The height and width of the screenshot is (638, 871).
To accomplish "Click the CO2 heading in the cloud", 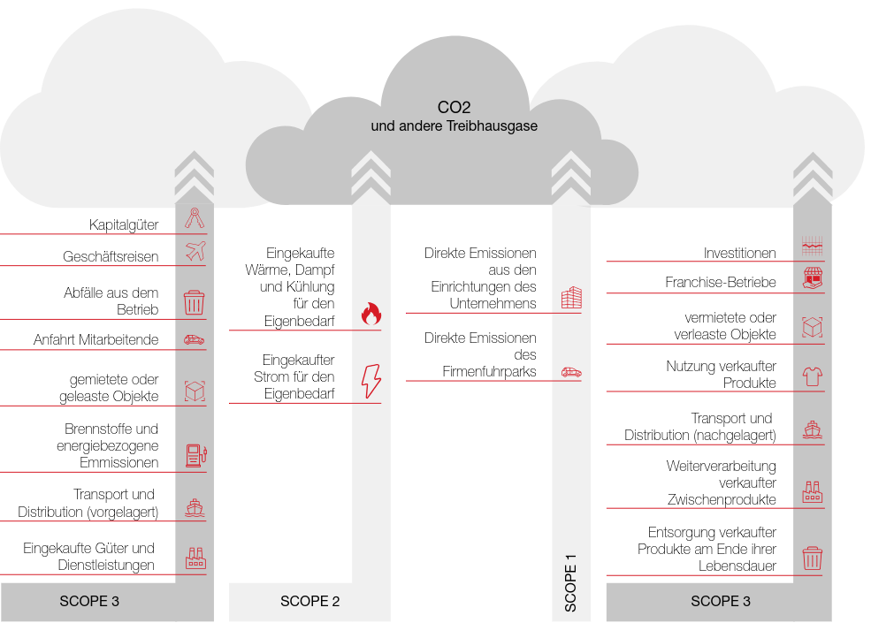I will coord(454,108).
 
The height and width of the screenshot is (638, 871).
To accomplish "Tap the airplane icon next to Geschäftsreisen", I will coord(195,252).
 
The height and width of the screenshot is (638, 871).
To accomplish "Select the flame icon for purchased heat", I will coord(371,313).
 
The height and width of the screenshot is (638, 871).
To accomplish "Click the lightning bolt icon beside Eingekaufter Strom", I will coord(371,381).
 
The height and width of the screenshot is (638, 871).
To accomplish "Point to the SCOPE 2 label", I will coord(309,602).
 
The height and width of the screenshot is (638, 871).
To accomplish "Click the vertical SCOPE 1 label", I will coord(570,583).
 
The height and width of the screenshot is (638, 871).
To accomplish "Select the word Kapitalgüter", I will coord(124,224).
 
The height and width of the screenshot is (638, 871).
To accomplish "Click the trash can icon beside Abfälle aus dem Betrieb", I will coord(194,303).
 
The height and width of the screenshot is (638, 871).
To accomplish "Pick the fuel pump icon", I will coord(195,456).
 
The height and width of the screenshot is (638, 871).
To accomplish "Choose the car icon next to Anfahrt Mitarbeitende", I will coord(194,339).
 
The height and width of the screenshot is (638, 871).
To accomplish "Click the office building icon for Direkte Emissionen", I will coord(571,298).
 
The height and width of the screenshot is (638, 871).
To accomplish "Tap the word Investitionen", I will coord(739,253).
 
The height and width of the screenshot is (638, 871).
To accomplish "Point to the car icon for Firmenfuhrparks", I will coord(571,372).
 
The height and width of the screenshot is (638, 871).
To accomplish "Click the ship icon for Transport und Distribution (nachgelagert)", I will coord(812,429).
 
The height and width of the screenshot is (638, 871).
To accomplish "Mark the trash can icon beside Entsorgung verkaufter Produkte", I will coord(812,558).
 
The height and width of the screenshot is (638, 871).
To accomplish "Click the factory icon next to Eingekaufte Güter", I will coord(195,558).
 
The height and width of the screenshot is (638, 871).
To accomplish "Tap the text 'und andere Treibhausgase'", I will coord(454,126).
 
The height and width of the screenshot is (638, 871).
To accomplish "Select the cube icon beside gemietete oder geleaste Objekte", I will coord(195,391).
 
